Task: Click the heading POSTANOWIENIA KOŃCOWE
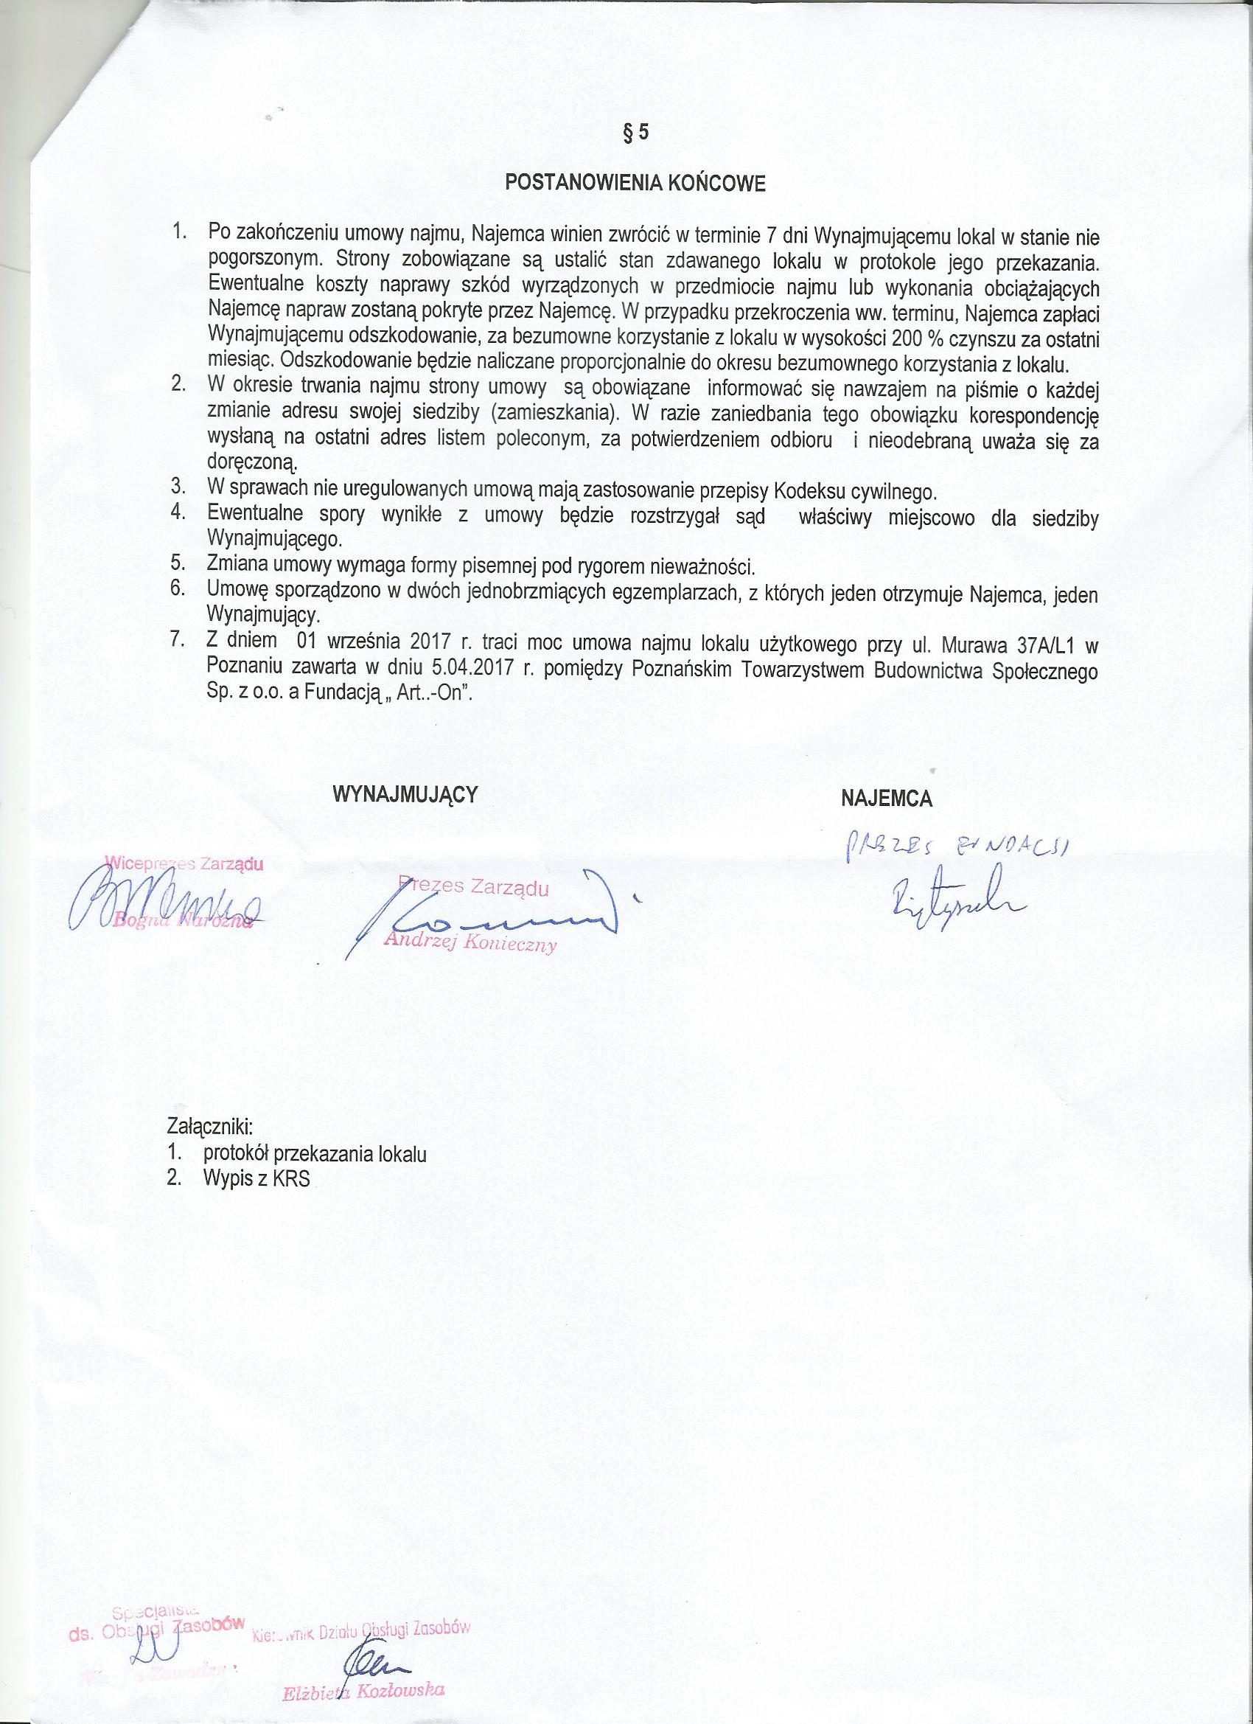(x=635, y=184)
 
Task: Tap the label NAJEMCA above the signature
(x=886, y=798)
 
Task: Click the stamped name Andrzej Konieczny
(x=470, y=943)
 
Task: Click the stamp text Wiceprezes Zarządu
(x=183, y=863)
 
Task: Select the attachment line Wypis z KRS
(x=256, y=1179)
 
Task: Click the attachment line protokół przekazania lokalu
(x=315, y=1153)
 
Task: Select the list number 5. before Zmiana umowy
(x=178, y=564)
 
